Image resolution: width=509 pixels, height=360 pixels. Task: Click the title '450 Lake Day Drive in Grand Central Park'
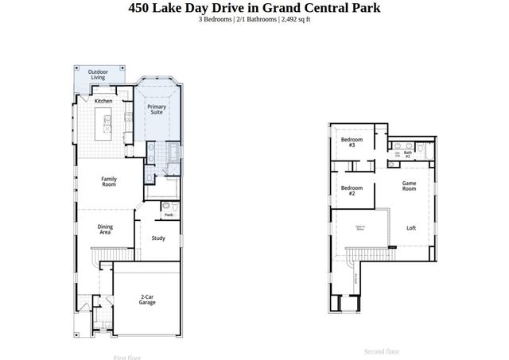tap(254, 8)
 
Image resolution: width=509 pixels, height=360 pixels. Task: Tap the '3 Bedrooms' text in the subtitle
tap(216, 20)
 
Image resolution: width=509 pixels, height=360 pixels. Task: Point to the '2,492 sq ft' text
tap(295, 20)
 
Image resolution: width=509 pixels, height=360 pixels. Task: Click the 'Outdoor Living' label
tap(98, 75)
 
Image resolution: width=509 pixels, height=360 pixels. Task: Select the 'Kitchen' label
tap(103, 101)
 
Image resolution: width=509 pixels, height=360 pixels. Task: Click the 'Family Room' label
tap(109, 181)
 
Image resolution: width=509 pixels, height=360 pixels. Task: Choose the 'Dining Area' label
tap(105, 230)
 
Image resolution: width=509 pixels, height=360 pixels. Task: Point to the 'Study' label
tap(158, 238)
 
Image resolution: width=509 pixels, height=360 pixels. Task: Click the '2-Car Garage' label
tap(147, 300)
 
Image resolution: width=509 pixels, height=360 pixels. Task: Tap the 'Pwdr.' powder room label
tap(169, 215)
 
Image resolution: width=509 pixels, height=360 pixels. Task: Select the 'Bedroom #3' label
tap(348, 143)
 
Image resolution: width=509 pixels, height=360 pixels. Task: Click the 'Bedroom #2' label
tap(348, 191)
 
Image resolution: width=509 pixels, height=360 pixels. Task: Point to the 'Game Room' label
tap(409, 186)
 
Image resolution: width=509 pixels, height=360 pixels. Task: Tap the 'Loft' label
tap(411, 228)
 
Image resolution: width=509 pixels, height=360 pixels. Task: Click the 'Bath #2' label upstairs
tap(408, 154)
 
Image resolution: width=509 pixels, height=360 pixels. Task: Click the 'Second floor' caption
tap(382, 350)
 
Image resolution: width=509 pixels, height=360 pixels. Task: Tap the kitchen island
tap(104, 124)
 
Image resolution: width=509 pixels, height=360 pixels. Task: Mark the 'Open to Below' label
tap(359, 229)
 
